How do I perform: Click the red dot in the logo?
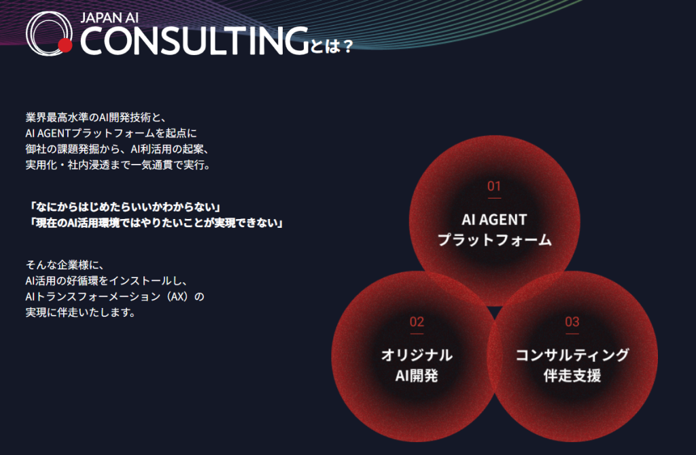pyautogui.click(x=65, y=46)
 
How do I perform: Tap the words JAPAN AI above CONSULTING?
pyautogui.click(x=109, y=18)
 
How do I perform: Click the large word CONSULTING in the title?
pyautogui.click(x=194, y=41)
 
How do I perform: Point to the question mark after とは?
pyautogui.click(x=348, y=46)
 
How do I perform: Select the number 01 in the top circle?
pyautogui.click(x=494, y=186)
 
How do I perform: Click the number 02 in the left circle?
pyautogui.click(x=417, y=322)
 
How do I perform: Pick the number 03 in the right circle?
pyautogui.click(x=572, y=322)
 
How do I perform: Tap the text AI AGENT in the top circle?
pyautogui.click(x=494, y=220)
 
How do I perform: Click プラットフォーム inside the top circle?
pyautogui.click(x=495, y=240)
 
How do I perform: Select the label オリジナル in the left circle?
pyautogui.click(x=417, y=355)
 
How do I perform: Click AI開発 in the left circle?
pyautogui.click(x=417, y=375)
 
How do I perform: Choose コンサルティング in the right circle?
pyautogui.click(x=572, y=355)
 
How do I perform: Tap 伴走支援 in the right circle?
pyautogui.click(x=572, y=375)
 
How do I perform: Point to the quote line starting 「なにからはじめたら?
pyautogui.click(x=124, y=207)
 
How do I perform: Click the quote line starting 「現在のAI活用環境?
pyautogui.click(x=154, y=222)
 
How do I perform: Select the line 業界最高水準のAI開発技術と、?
pyautogui.click(x=96, y=117)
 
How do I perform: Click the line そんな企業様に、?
pyautogui.click(x=65, y=265)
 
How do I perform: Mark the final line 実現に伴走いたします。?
pyautogui.click(x=80, y=312)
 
